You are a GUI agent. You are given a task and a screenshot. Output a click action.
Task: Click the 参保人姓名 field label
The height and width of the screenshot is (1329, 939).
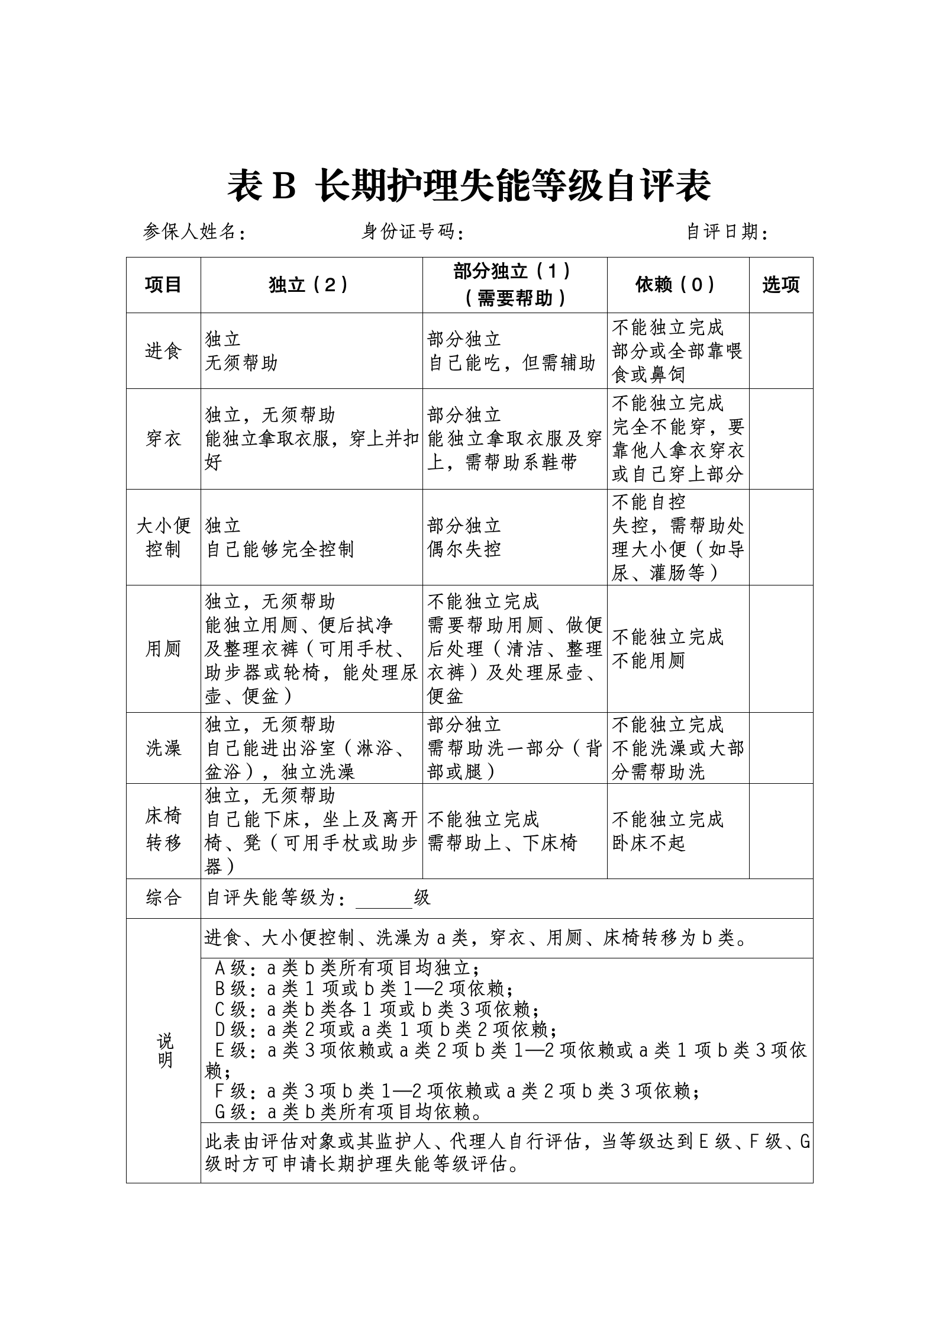(x=195, y=232)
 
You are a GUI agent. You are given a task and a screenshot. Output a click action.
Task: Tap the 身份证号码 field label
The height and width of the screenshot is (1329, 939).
(x=412, y=232)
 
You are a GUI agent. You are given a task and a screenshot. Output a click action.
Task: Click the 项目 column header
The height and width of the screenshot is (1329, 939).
(x=163, y=285)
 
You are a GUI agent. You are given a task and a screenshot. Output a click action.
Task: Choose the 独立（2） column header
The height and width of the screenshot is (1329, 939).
(x=311, y=285)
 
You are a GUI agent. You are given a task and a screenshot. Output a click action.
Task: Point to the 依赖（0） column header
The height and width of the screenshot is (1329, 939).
(x=678, y=285)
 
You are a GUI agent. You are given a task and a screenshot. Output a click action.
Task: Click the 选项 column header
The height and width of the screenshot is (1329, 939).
(x=781, y=285)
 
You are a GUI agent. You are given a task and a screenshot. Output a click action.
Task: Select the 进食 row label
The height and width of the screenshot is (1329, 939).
(x=163, y=351)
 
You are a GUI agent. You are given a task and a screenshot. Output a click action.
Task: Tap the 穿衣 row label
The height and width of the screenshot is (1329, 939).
(x=163, y=439)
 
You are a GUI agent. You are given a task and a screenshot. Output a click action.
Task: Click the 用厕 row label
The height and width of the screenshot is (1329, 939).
(x=163, y=649)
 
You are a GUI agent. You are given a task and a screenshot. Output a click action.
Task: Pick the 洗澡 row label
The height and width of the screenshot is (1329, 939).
(x=163, y=748)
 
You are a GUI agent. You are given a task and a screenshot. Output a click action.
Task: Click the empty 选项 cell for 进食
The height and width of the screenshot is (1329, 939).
(x=781, y=351)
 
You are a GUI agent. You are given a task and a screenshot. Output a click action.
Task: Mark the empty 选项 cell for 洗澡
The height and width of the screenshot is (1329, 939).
(x=781, y=748)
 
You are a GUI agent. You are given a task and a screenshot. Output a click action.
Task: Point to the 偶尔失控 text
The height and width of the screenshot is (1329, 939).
(x=464, y=549)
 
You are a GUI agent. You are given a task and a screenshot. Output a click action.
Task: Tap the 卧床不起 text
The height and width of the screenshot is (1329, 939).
(x=648, y=843)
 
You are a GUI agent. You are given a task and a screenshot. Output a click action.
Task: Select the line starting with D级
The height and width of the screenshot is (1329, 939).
(x=386, y=1029)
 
